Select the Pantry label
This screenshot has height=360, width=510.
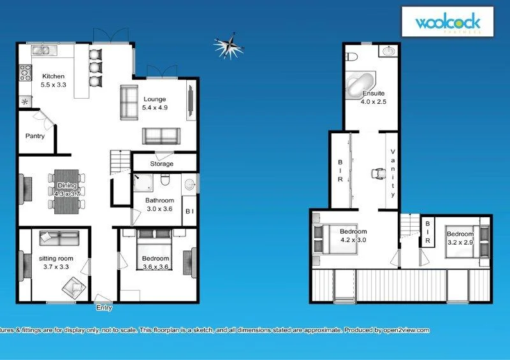coord(34,136)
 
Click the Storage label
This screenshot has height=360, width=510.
coord(162,164)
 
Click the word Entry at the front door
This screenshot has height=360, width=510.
coord(104,308)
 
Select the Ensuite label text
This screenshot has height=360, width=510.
coord(374,94)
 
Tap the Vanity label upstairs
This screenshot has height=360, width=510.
coord(393,172)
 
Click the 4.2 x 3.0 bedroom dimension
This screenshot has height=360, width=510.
coord(353,240)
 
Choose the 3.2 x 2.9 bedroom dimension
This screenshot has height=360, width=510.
coord(459,243)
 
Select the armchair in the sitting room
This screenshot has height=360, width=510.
coord(75,289)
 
